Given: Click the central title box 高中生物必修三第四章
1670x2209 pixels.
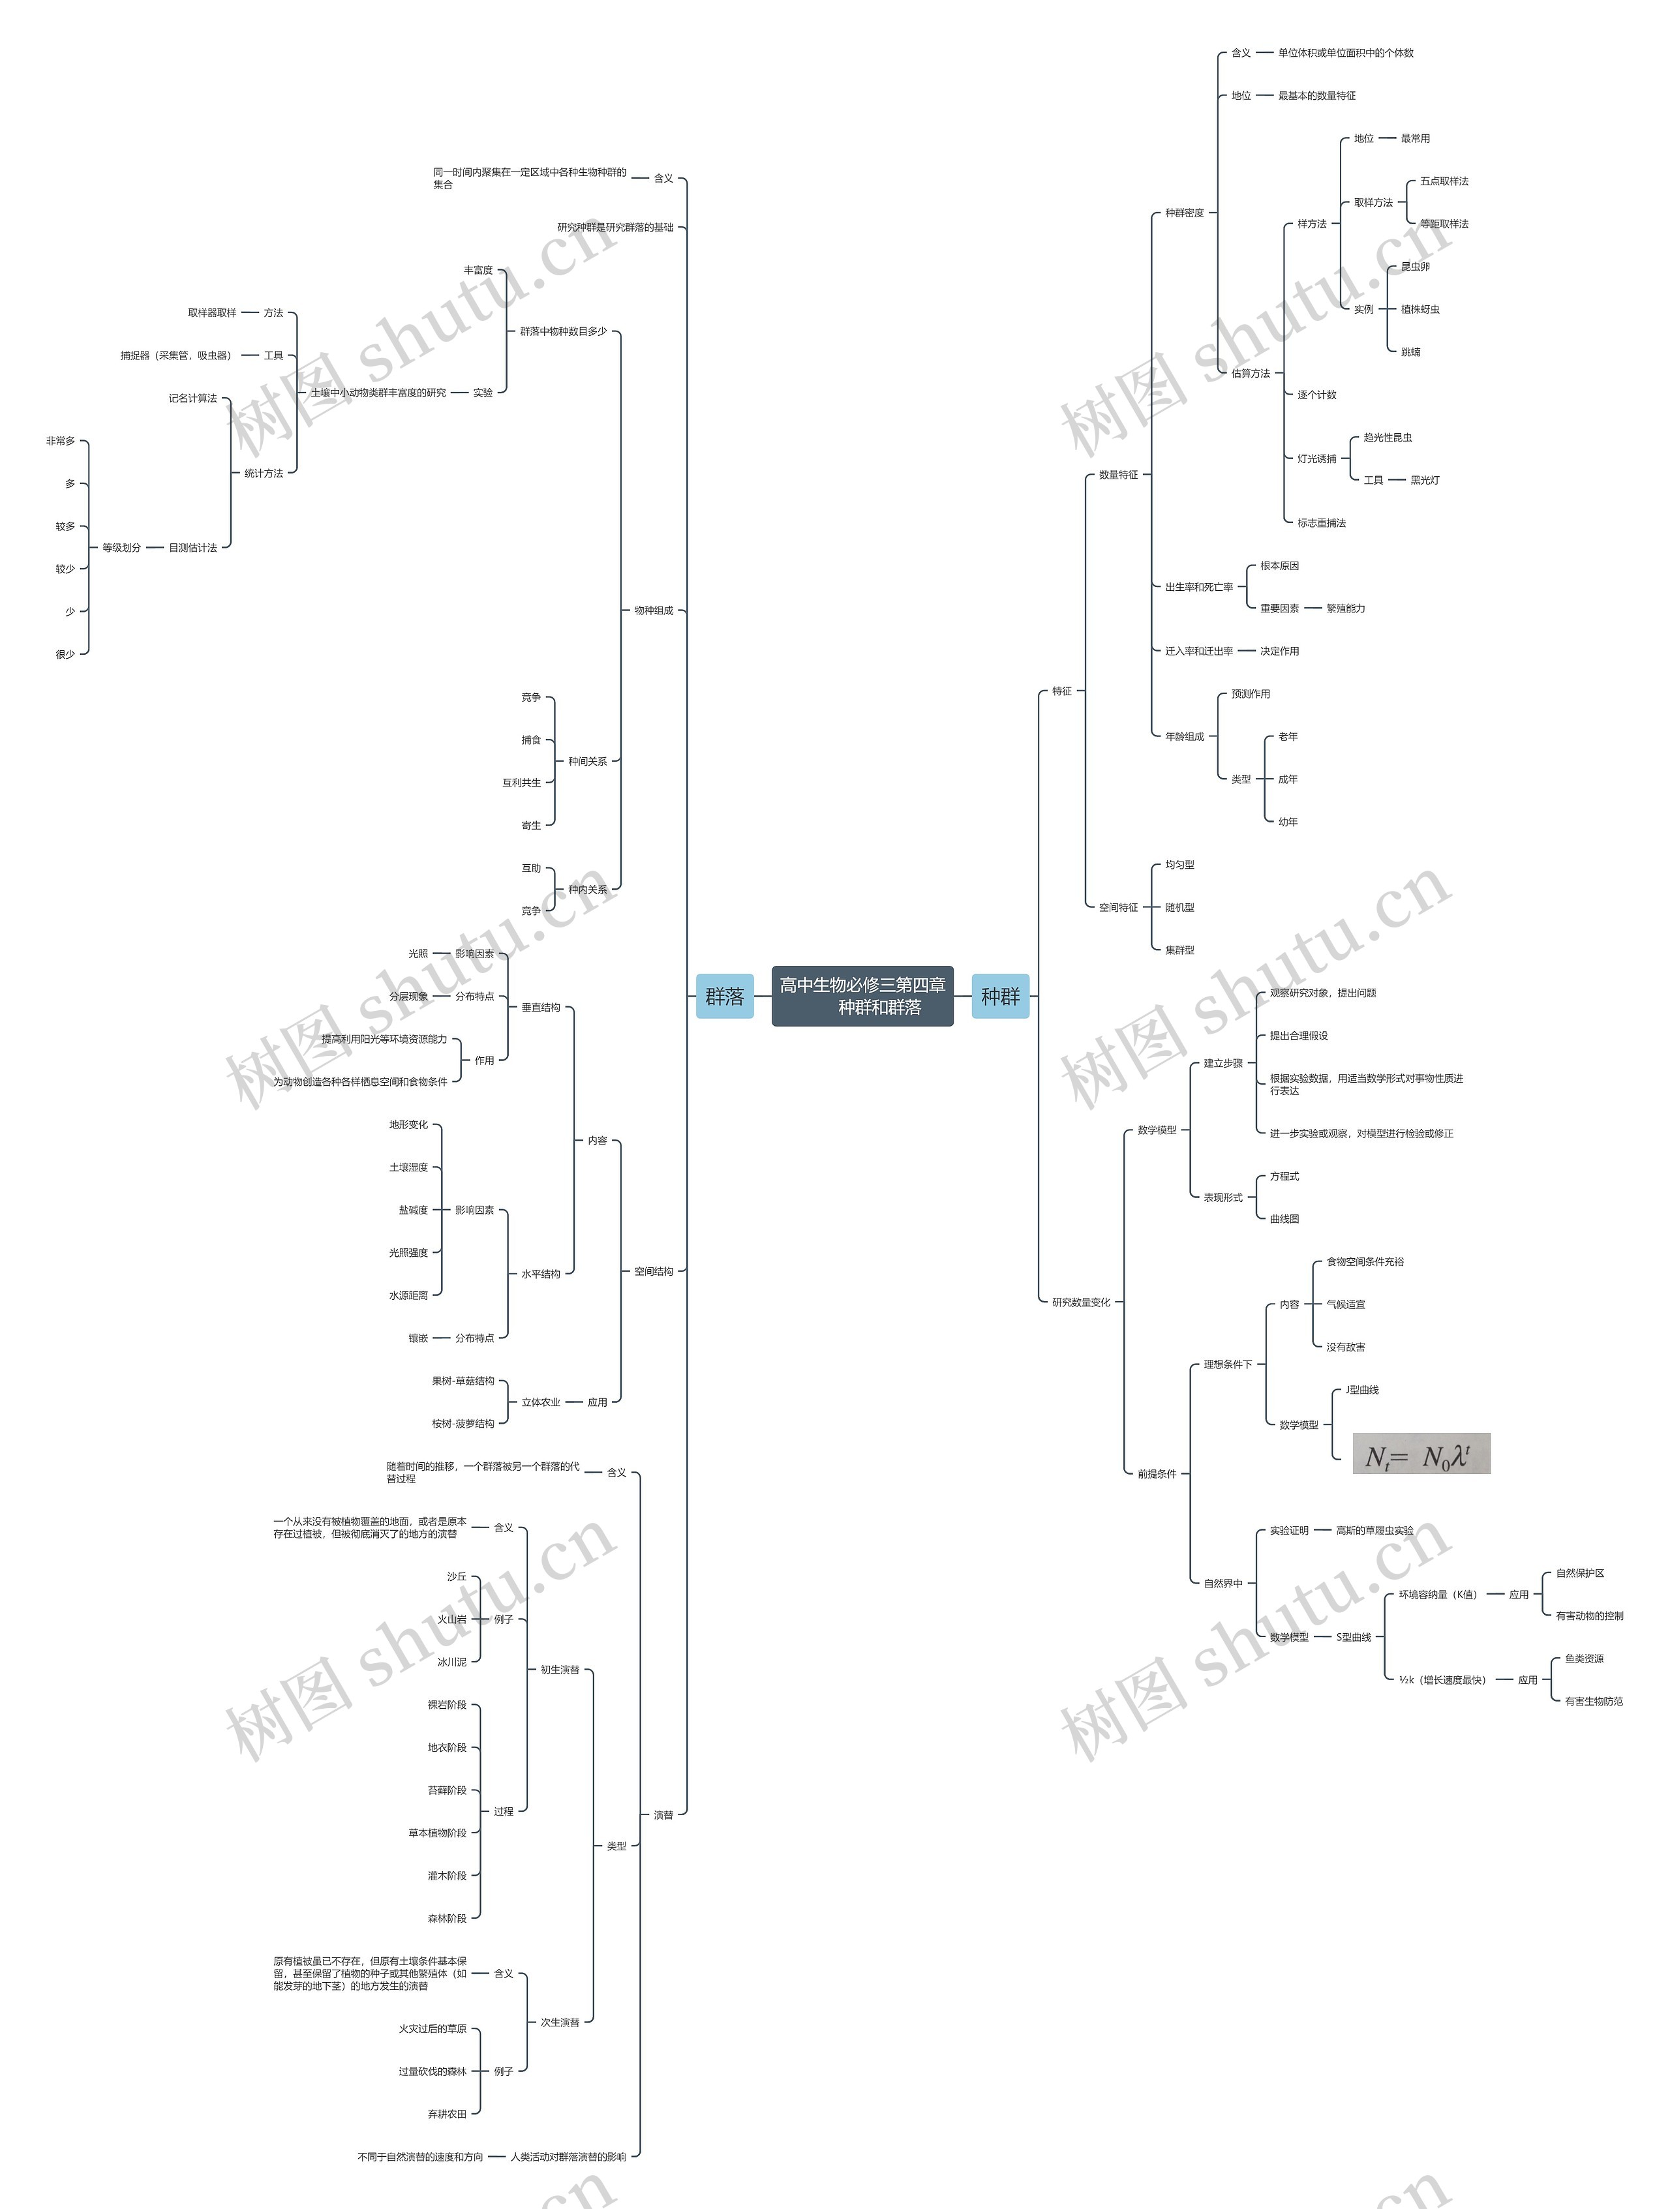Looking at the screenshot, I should (862, 996).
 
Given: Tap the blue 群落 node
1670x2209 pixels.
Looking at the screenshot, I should (724, 996).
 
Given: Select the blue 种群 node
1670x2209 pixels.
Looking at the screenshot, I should (1000, 996).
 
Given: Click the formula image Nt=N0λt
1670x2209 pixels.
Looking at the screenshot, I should (1420, 1453).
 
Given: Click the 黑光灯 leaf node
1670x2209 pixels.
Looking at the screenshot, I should (1424, 481).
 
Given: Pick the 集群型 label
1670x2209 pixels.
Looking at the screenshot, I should (1179, 950).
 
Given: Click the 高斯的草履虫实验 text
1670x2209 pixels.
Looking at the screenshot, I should (1374, 1530).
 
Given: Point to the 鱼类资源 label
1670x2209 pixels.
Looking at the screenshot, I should (1583, 1658).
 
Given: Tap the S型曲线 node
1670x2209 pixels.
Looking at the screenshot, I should (1354, 1637).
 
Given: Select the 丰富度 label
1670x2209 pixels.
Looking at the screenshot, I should (478, 269).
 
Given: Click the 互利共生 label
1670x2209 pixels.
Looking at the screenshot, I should (521, 782).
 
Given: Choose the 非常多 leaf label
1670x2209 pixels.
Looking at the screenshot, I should (60, 440).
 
